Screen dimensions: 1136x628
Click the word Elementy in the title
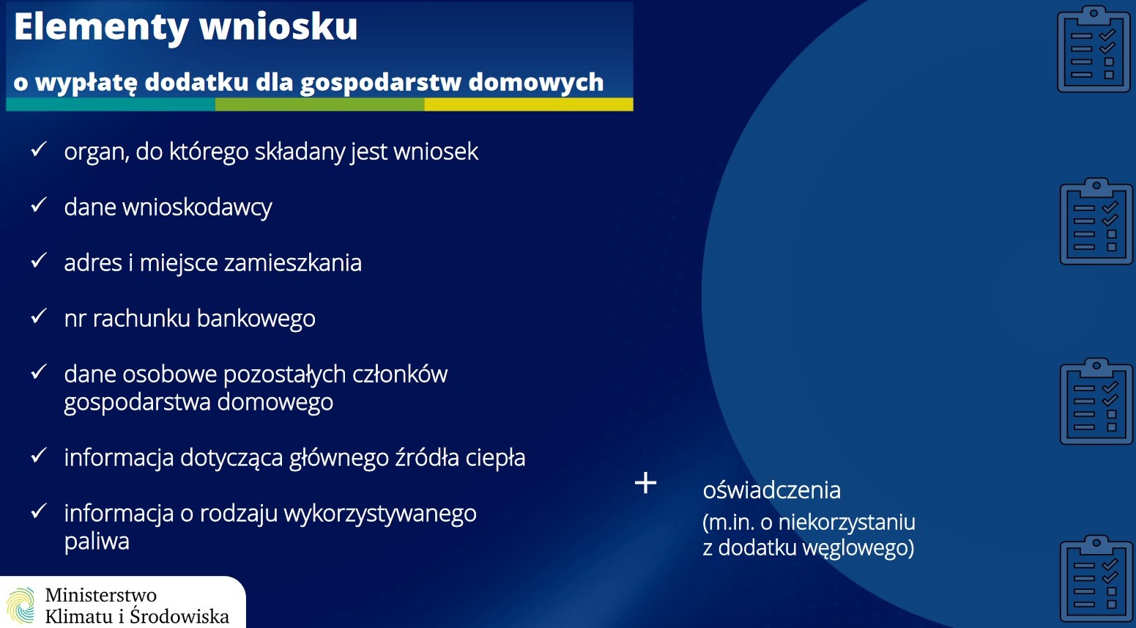tap(102, 27)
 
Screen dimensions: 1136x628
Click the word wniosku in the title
tap(279, 26)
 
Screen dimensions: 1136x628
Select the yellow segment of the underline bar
tap(528, 105)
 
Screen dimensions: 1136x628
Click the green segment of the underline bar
tap(319, 105)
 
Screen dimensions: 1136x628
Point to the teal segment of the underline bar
tap(111, 105)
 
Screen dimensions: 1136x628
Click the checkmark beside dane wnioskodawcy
tap(39, 205)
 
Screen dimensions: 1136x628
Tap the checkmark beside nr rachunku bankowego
tap(39, 316)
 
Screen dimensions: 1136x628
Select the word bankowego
tap(256, 319)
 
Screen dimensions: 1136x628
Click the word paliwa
tap(97, 542)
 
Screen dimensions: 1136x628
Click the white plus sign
tap(645, 482)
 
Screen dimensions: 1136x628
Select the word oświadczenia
tap(772, 490)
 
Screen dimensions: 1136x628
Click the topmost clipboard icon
tap(1094, 48)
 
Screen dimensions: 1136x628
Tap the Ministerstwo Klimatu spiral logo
tap(21, 605)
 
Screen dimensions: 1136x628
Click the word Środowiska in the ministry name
tap(179, 616)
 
